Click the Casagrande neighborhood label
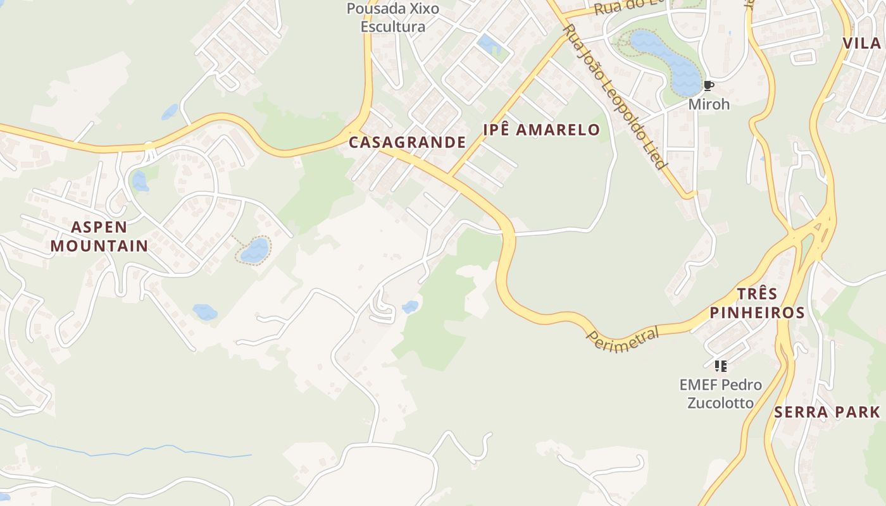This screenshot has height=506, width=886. tap(407, 142)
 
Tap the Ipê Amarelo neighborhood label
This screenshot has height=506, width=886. tap(541, 130)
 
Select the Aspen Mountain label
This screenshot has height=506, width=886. tap(99, 236)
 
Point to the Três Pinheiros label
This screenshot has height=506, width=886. tap(757, 303)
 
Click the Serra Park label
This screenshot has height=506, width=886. tap(827, 412)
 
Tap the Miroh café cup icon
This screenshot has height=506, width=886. tap(709, 86)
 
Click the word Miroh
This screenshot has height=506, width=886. tap(709, 104)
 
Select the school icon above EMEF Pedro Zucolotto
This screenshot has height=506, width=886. tap(720, 366)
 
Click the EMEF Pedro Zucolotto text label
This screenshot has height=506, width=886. tap(720, 393)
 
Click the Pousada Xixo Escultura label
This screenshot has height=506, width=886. tap(392, 18)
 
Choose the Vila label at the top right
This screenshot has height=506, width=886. tap(862, 43)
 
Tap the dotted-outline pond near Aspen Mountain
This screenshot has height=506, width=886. tap(254, 250)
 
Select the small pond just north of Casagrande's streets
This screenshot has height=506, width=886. tap(489, 44)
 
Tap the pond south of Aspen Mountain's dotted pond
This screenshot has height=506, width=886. tap(204, 312)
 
